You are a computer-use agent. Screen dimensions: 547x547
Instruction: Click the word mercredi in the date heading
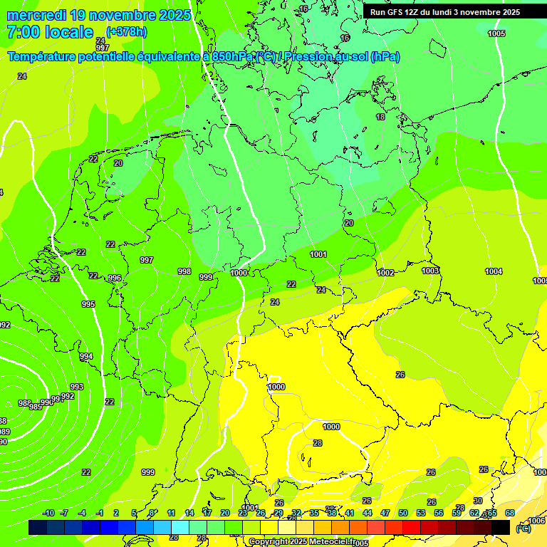coord(36,15)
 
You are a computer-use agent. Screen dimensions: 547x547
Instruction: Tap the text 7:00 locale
coord(50,32)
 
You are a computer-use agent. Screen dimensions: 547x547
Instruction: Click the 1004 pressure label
coord(494,271)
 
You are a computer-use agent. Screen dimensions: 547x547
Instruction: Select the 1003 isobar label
coord(430,271)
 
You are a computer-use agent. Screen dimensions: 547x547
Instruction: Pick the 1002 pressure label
coord(386,273)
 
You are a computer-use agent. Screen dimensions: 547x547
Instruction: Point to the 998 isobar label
coord(184,271)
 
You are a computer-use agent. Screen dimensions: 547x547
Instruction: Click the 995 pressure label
coord(88,304)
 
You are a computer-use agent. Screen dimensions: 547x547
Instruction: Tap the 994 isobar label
coord(86,356)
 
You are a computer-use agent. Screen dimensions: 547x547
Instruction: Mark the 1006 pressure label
coord(537,521)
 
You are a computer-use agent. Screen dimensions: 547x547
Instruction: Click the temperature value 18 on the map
coord(380,117)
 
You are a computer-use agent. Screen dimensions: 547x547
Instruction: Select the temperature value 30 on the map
coord(478,501)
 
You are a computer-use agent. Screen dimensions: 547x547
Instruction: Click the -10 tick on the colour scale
coord(49,513)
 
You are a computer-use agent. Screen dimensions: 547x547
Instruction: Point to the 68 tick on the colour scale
coord(510,513)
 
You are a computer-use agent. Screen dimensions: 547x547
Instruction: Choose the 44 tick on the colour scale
coord(368,513)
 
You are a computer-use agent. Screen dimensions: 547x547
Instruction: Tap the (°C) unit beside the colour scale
coord(523,528)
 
